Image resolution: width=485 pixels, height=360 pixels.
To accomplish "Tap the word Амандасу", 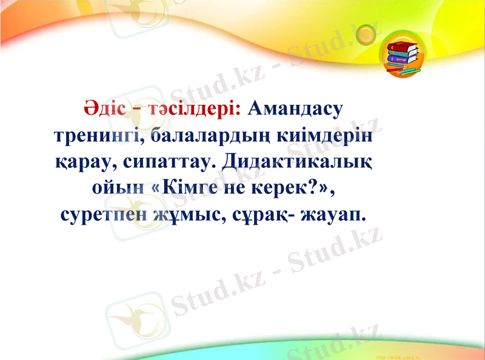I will (295, 109).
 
